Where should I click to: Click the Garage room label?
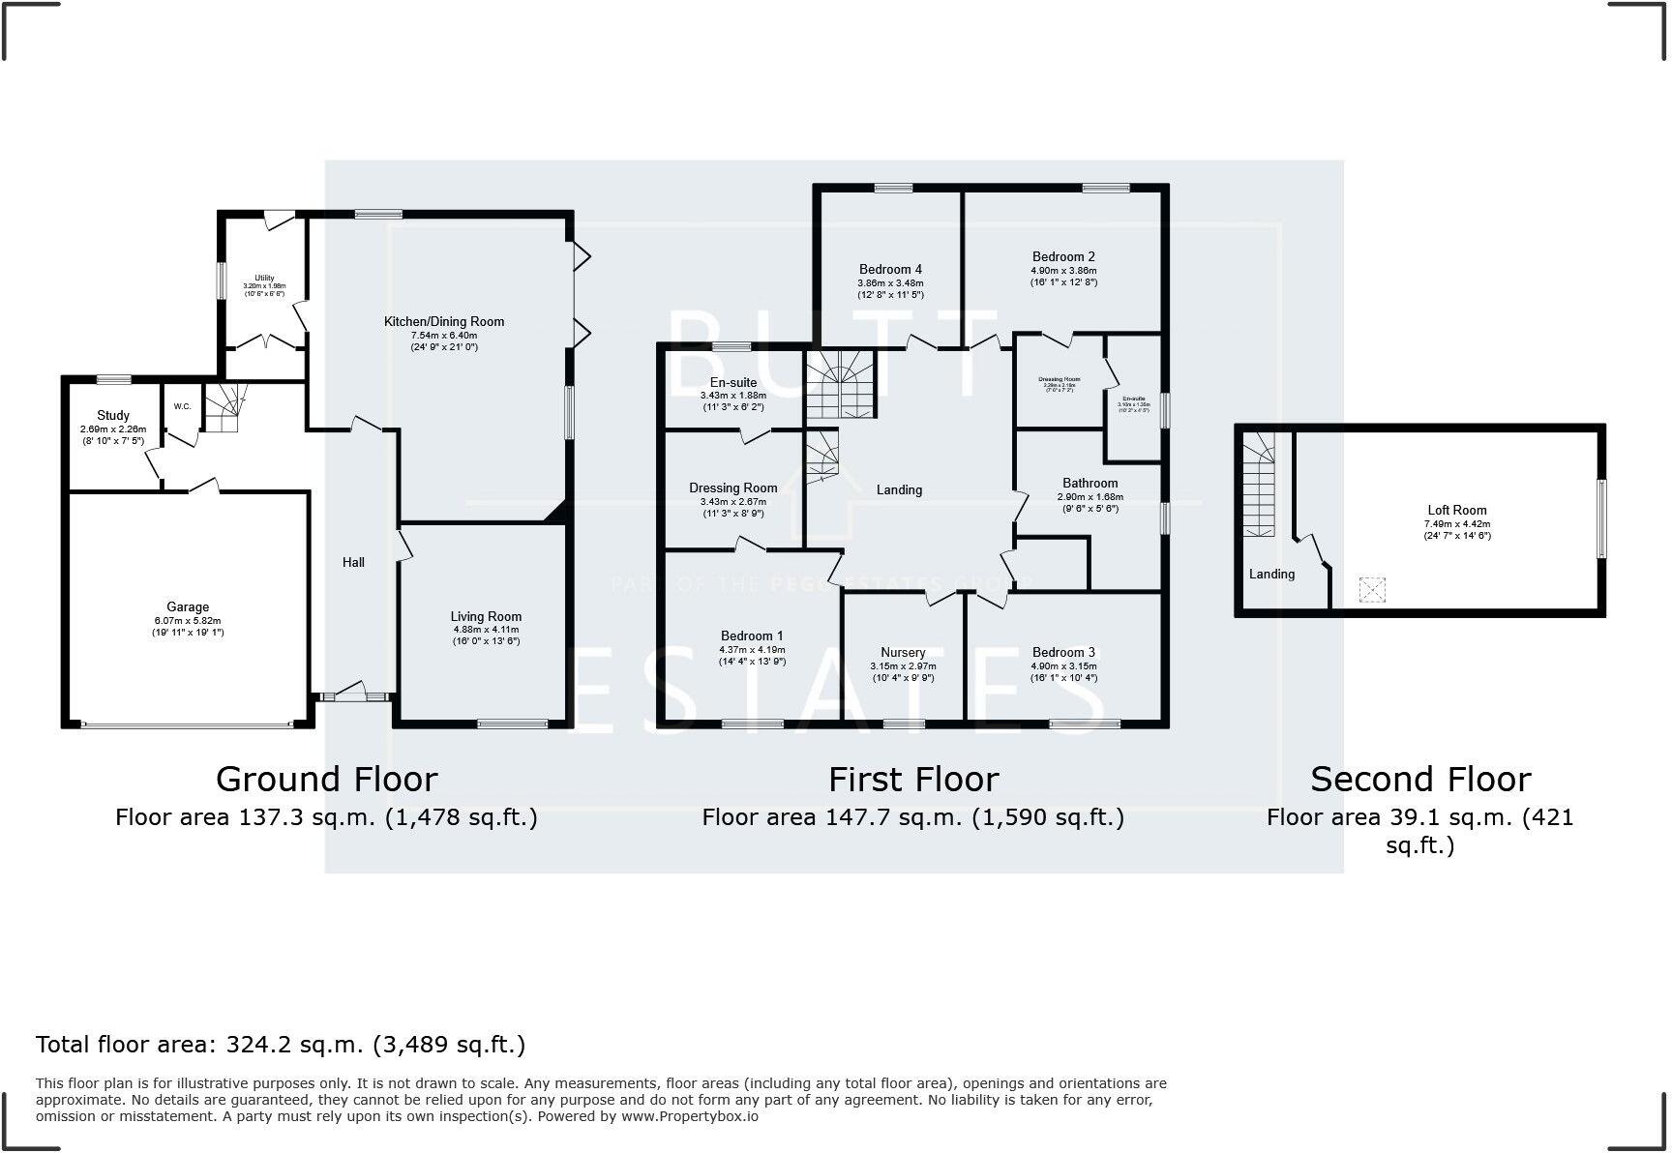[x=188, y=607]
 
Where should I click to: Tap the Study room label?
[x=113, y=415]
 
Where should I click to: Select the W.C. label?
[x=183, y=406]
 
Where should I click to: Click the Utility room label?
[x=264, y=278]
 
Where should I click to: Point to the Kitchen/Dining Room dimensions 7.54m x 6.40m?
[x=444, y=335]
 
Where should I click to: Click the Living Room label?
[x=486, y=616]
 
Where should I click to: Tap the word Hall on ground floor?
[x=353, y=562]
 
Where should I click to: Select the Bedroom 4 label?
[x=890, y=269]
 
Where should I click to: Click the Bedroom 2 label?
[x=1063, y=256]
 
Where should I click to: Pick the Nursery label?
[x=903, y=652]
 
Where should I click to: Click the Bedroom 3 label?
[x=1063, y=652]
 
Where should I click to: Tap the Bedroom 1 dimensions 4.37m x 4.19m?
[x=752, y=650]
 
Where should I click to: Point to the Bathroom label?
[x=1090, y=483]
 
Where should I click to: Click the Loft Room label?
[x=1456, y=510]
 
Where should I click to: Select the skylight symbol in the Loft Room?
[x=1372, y=589]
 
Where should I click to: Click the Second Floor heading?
[x=1419, y=779]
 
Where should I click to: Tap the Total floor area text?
[x=281, y=1045]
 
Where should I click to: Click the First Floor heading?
[x=912, y=779]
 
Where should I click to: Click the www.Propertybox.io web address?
[x=689, y=1115]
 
